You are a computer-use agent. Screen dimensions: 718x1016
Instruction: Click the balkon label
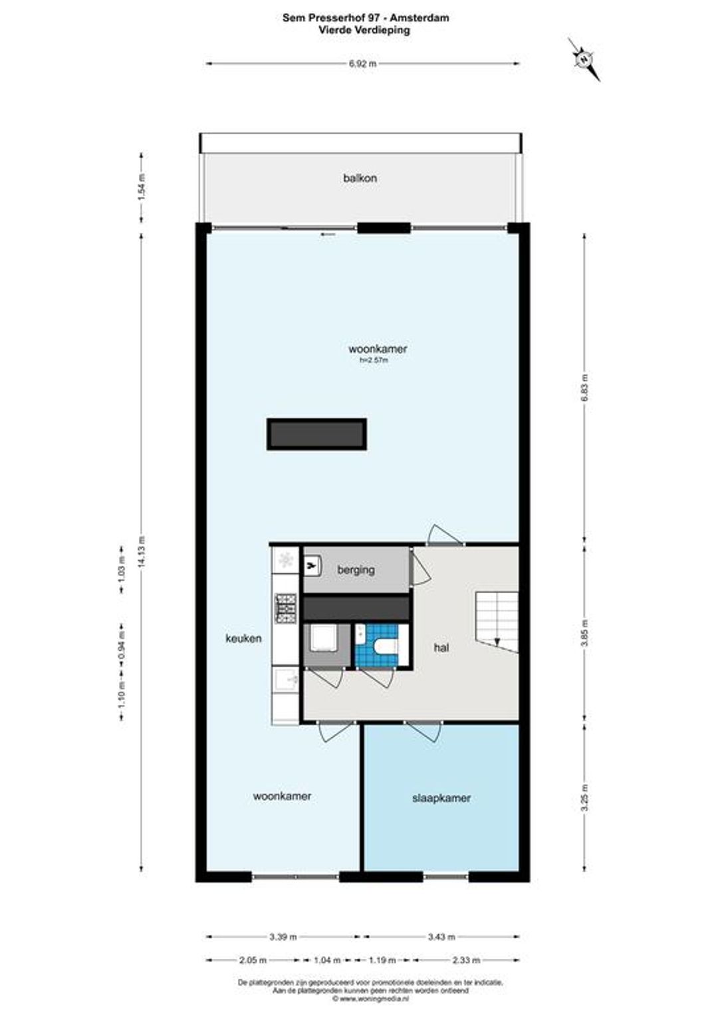360,178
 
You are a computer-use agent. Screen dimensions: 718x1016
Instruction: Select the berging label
356,569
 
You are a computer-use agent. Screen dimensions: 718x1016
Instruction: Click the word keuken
243,638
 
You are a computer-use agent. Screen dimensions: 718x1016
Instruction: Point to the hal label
441,647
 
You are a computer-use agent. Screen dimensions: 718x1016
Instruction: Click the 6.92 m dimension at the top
362,64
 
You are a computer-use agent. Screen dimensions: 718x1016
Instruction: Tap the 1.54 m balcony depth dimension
142,188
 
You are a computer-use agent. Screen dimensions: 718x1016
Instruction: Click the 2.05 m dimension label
252,960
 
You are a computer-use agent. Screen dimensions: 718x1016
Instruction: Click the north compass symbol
584,59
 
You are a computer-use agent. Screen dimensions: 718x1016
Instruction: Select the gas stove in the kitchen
285,608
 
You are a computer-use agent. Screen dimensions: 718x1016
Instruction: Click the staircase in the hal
497,622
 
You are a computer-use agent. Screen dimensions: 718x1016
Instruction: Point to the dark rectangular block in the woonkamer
316,434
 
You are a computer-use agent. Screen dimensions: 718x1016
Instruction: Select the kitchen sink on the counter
286,679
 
